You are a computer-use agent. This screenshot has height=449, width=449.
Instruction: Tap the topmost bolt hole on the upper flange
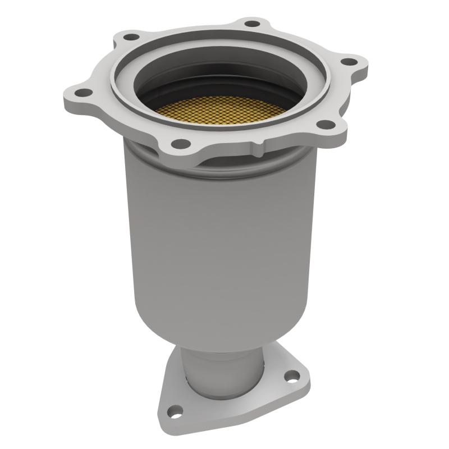tap(253, 24)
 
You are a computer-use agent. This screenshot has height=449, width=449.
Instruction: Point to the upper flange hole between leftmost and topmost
tap(131, 37)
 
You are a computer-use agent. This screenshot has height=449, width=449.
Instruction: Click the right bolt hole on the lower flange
tap(291, 376)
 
